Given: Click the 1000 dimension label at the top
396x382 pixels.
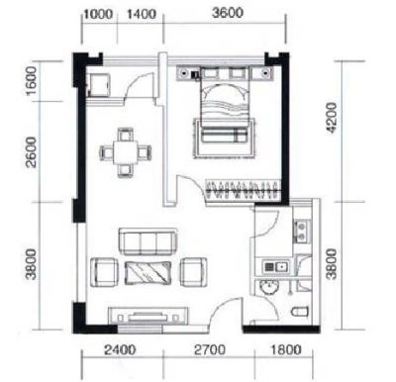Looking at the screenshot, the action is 99,14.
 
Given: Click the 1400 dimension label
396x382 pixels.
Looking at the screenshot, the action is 141,14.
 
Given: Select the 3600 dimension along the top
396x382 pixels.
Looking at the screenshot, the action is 228,13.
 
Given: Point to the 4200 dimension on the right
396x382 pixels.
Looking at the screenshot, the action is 331,118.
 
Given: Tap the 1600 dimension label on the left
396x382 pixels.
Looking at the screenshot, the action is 32,81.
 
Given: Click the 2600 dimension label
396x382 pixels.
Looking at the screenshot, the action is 32,152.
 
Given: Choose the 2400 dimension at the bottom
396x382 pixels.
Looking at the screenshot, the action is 120,349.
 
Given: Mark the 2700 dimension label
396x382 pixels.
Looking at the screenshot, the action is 210,349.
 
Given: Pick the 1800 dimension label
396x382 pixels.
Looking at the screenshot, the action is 286,349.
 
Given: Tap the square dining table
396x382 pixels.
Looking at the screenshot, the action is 126,152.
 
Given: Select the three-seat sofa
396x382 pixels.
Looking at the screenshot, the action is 148,241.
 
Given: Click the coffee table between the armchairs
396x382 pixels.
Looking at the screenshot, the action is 148,273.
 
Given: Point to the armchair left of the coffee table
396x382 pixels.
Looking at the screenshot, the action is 104,272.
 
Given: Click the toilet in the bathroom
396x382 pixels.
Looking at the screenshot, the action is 300,312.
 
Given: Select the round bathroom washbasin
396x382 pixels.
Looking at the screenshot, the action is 269,287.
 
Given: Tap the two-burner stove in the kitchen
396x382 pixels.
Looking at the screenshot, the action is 302,231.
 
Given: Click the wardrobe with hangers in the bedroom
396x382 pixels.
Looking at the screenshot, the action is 244,189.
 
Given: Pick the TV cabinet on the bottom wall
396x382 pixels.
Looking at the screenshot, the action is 148,316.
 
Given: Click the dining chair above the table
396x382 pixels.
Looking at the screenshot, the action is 126,135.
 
